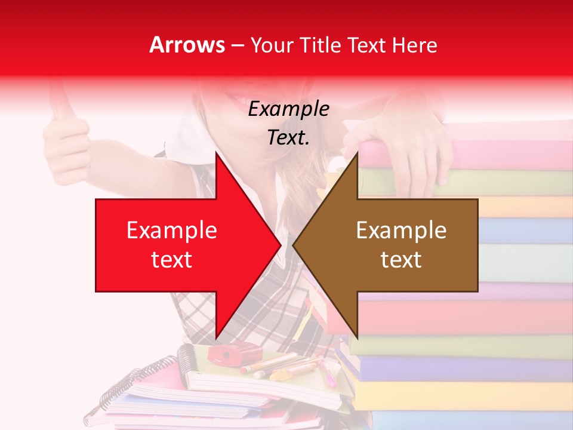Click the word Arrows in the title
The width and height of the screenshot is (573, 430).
click(x=187, y=45)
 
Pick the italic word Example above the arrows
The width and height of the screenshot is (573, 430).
click(x=288, y=109)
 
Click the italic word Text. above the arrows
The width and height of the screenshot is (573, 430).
click(x=288, y=137)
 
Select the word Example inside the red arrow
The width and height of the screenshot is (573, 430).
click(x=171, y=230)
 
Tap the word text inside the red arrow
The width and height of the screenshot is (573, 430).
click(x=171, y=259)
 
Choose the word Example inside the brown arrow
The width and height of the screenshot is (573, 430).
click(x=401, y=230)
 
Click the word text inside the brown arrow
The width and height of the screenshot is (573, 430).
click(x=401, y=259)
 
